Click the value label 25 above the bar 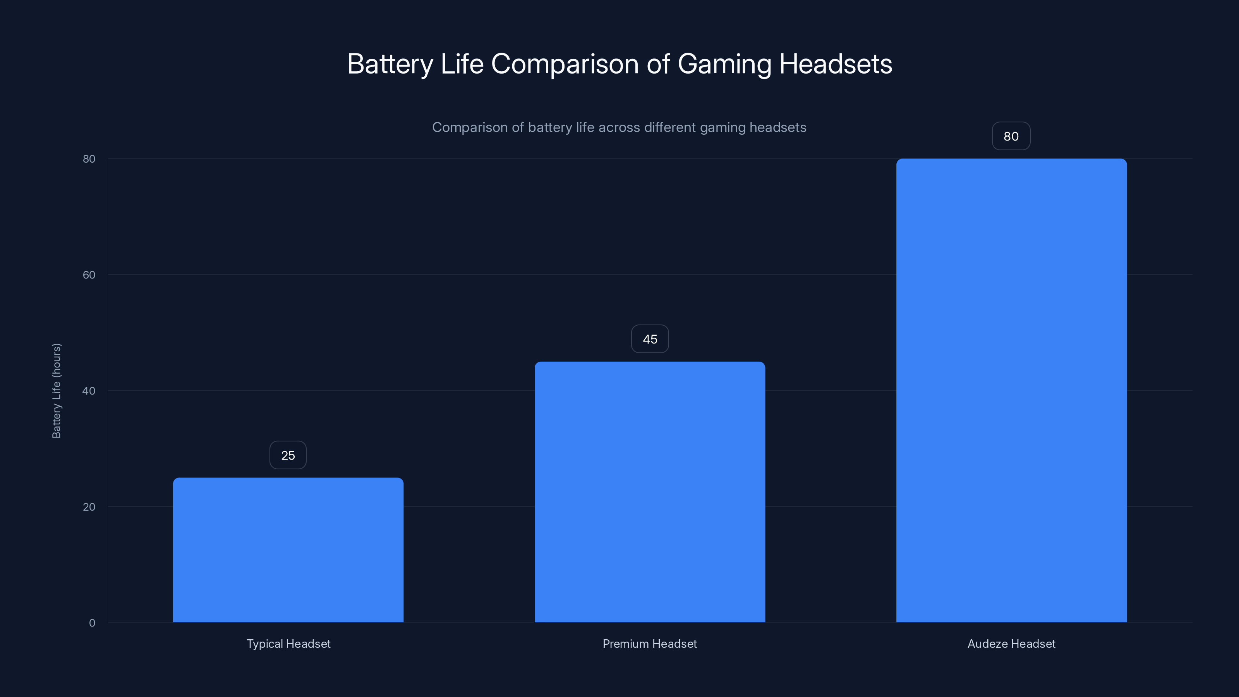click(288, 455)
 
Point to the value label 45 click(650, 339)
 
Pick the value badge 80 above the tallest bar click(1011, 136)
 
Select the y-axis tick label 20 click(89, 507)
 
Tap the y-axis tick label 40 click(89, 391)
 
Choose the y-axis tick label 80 click(89, 159)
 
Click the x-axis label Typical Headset click(288, 644)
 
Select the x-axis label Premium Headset click(650, 644)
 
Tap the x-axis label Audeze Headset click(1011, 644)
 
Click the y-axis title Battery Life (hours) click(56, 391)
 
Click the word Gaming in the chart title click(724, 64)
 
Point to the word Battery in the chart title click(390, 64)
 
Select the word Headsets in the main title click(836, 64)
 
